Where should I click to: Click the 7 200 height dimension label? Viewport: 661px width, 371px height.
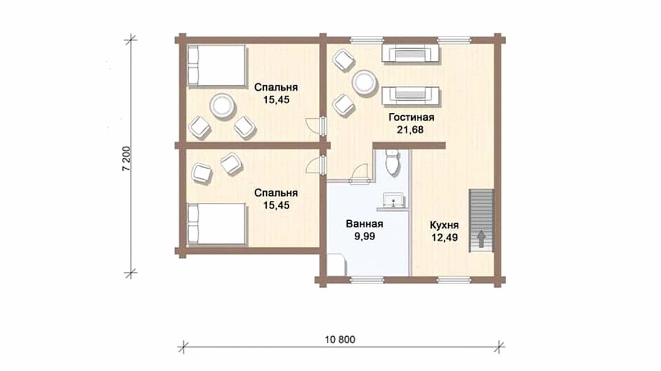tap(126, 159)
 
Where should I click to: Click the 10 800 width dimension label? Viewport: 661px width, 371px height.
tap(340, 339)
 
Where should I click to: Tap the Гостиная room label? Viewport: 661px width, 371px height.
tap(411, 117)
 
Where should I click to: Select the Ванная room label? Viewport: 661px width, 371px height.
tap(364, 224)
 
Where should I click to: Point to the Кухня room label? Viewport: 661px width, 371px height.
tap(444, 225)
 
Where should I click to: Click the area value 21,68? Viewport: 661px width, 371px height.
tap(410, 130)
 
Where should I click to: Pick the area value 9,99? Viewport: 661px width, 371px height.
tap(365, 237)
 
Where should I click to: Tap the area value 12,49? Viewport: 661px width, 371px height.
tap(444, 238)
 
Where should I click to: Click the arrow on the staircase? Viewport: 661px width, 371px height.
tap(481, 239)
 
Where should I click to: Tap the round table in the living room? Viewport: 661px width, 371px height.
tap(364, 83)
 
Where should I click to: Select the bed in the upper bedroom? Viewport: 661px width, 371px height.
tap(216, 66)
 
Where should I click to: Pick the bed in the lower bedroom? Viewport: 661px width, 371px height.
tap(216, 224)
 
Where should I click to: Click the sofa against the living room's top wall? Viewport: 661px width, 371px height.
tap(411, 53)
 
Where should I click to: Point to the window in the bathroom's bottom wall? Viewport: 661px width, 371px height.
tap(367, 279)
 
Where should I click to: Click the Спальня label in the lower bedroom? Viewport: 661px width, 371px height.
tap(275, 192)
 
